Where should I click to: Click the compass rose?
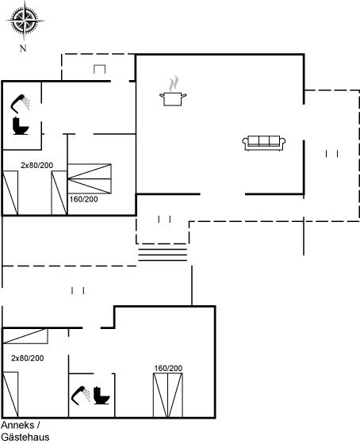point(25,21)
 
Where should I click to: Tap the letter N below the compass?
point(23,48)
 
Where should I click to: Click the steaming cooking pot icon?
point(173,91)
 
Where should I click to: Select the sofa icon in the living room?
point(264,144)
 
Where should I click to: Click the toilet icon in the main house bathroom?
point(21,126)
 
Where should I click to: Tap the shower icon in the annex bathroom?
point(81,395)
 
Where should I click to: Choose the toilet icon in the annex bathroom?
point(101,396)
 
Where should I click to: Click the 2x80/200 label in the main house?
point(36,166)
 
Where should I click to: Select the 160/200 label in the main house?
point(83,199)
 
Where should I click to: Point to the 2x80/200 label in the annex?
point(28,358)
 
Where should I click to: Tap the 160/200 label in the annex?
point(168,369)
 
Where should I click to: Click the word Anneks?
point(17,425)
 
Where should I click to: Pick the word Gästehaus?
point(25,437)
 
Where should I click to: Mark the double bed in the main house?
point(90,178)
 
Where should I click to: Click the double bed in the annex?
point(168,396)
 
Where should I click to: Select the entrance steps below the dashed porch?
point(163,255)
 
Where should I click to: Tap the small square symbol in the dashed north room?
point(99,69)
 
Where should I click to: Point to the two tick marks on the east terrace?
point(332,154)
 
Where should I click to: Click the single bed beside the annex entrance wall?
point(25,336)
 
